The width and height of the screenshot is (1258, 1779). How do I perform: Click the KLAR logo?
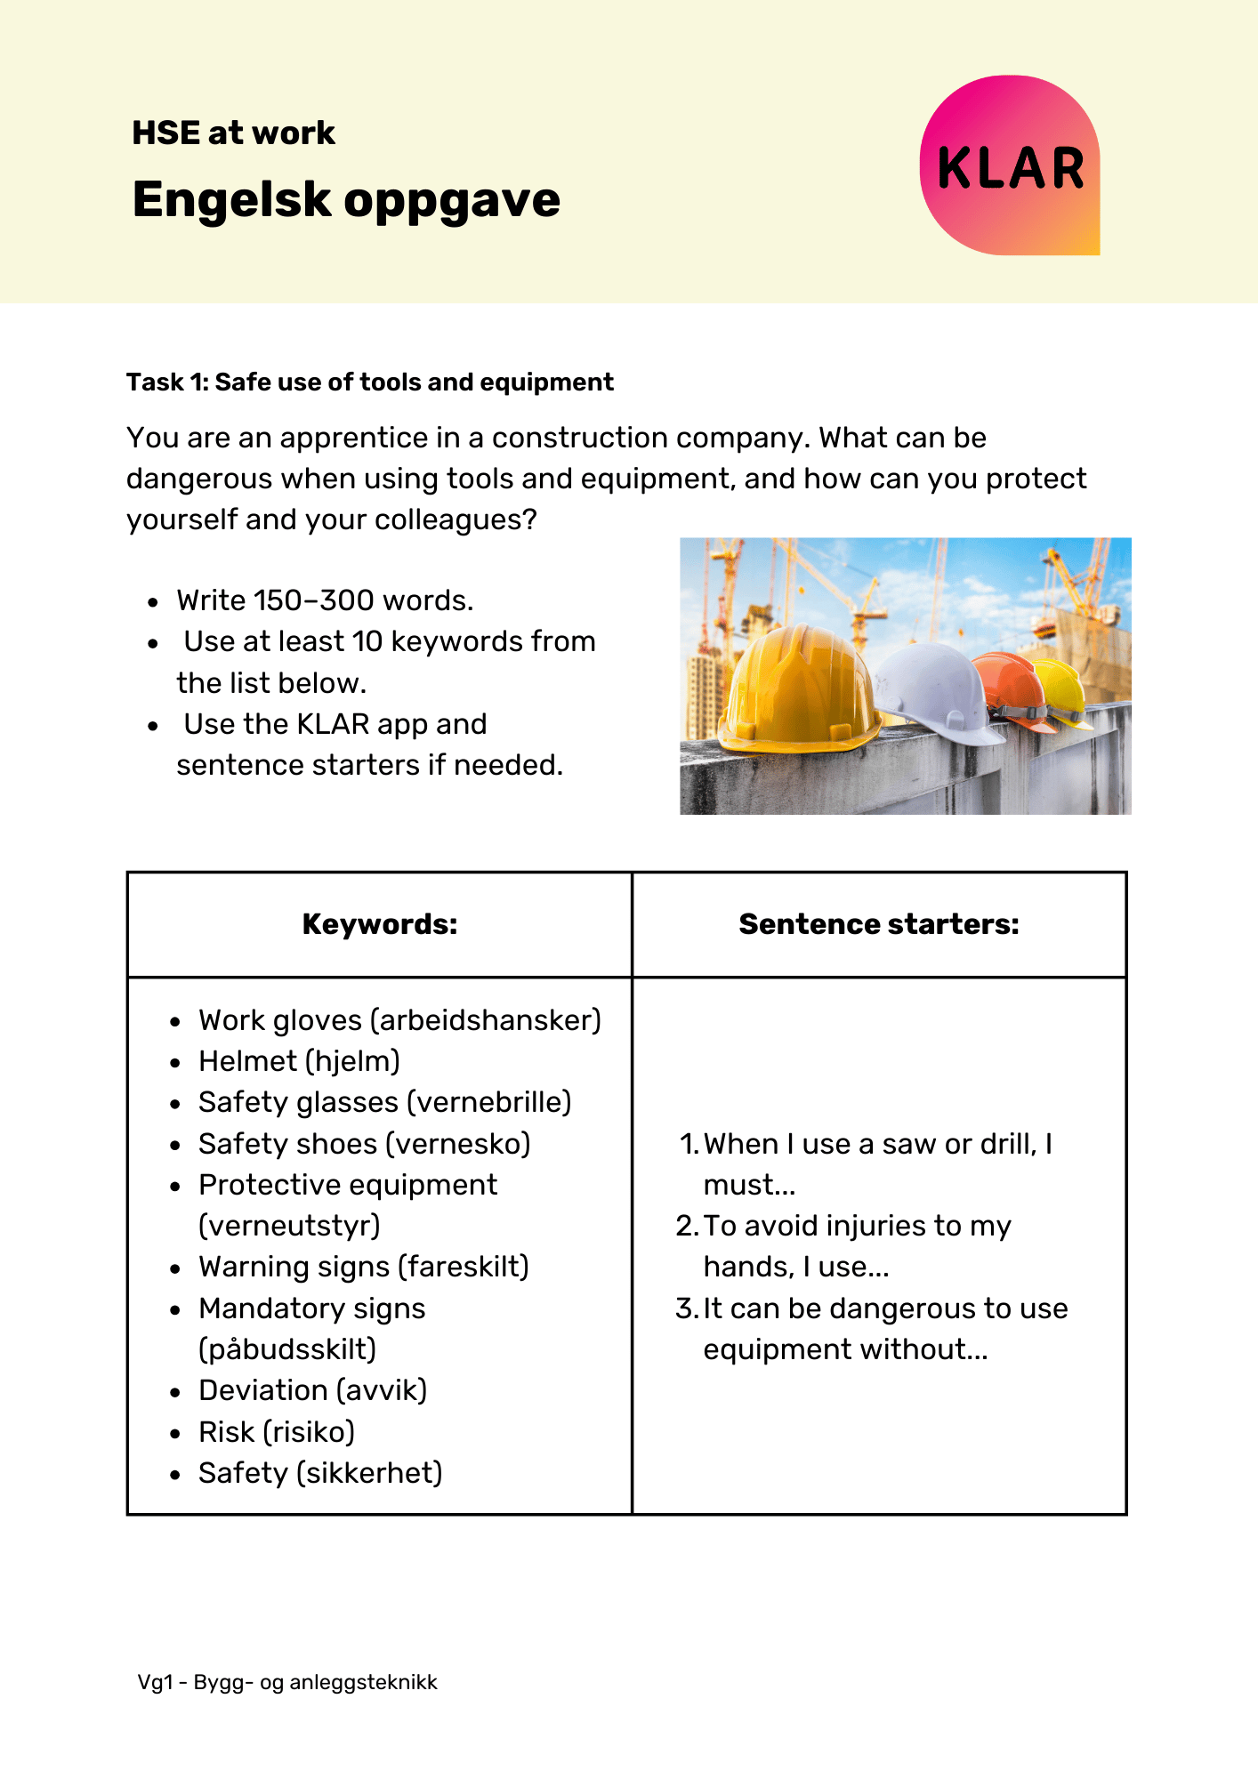(1010, 166)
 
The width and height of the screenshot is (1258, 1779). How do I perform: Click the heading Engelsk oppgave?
(346, 199)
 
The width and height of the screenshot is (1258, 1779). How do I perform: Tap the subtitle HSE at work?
(233, 133)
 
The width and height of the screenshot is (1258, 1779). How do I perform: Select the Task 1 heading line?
(369, 382)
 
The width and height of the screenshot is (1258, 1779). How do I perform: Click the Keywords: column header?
(380, 924)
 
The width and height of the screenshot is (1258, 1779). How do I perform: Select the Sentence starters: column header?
(878, 924)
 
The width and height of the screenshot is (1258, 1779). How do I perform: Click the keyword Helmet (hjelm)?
(299, 1061)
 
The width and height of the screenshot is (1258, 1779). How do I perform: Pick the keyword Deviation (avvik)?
(312, 1390)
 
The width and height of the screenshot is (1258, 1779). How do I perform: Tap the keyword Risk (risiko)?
(277, 1432)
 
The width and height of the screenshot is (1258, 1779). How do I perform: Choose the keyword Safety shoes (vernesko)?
(364, 1144)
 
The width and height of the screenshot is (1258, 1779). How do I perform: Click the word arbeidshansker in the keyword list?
(485, 1020)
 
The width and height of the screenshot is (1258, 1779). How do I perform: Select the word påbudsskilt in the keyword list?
(287, 1349)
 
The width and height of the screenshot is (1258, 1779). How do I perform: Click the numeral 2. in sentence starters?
(686, 1226)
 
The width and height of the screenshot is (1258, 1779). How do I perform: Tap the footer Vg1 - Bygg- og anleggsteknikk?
(287, 1682)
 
